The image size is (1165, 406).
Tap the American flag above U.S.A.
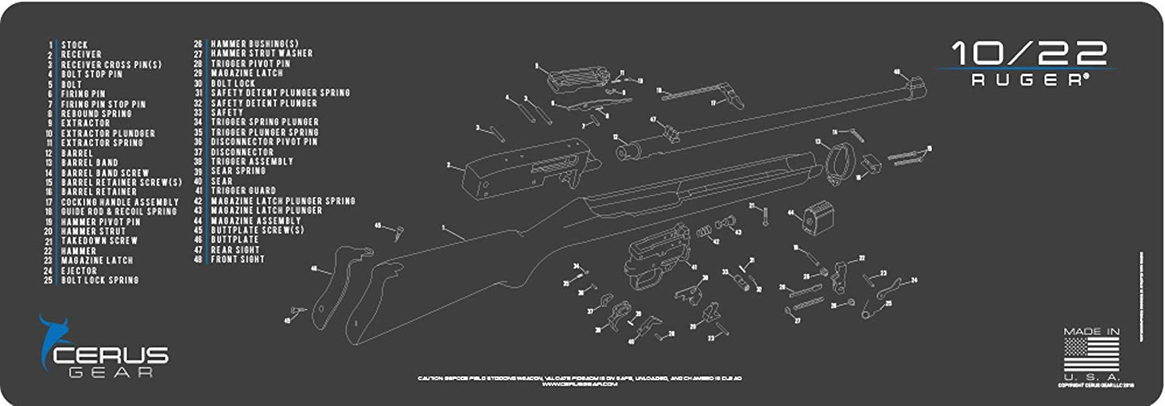1091,352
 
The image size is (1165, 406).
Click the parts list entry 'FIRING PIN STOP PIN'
103,104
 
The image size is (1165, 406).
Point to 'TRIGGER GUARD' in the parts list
243,191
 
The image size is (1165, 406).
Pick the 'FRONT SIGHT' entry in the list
238,259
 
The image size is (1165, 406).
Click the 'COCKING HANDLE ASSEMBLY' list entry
120,202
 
